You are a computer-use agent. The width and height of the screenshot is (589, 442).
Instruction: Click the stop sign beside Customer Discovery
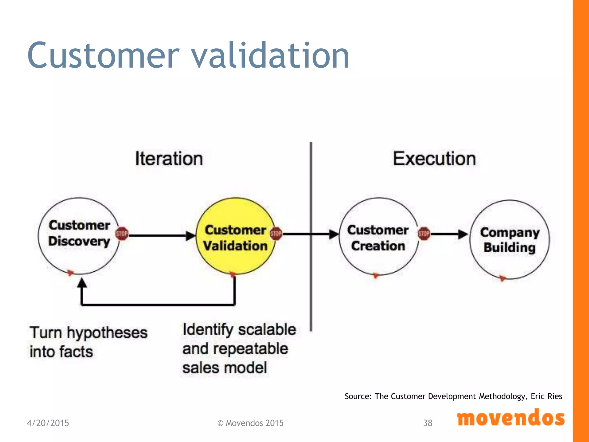[122, 234]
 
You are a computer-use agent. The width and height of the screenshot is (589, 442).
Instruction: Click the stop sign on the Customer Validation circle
[276, 234]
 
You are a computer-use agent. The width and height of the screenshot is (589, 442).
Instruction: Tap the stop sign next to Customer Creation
[424, 234]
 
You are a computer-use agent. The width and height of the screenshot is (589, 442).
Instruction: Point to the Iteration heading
[169, 159]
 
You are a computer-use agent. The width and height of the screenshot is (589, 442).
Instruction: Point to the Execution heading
[434, 159]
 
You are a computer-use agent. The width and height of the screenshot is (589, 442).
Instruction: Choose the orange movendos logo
[510, 418]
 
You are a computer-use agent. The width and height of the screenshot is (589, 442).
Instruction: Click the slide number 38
[428, 423]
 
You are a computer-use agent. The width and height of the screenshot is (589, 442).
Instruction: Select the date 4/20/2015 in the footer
[48, 423]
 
